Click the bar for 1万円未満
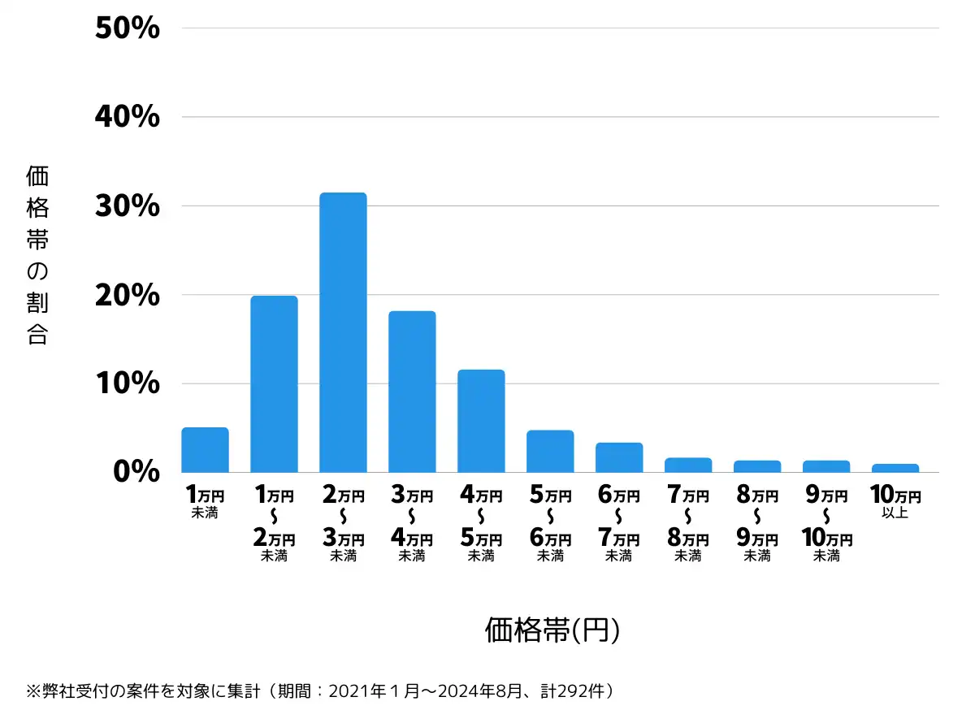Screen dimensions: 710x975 click(205, 450)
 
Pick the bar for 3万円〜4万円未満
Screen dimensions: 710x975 click(412, 391)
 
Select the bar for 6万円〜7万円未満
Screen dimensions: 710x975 click(619, 457)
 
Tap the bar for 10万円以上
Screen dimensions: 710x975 click(895, 468)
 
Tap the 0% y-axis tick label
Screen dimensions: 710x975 click(136, 472)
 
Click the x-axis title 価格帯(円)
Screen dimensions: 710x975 click(552, 630)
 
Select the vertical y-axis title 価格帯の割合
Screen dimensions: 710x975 click(37, 255)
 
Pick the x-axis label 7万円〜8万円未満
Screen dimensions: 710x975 click(687, 525)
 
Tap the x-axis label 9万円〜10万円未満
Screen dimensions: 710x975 click(826, 525)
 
